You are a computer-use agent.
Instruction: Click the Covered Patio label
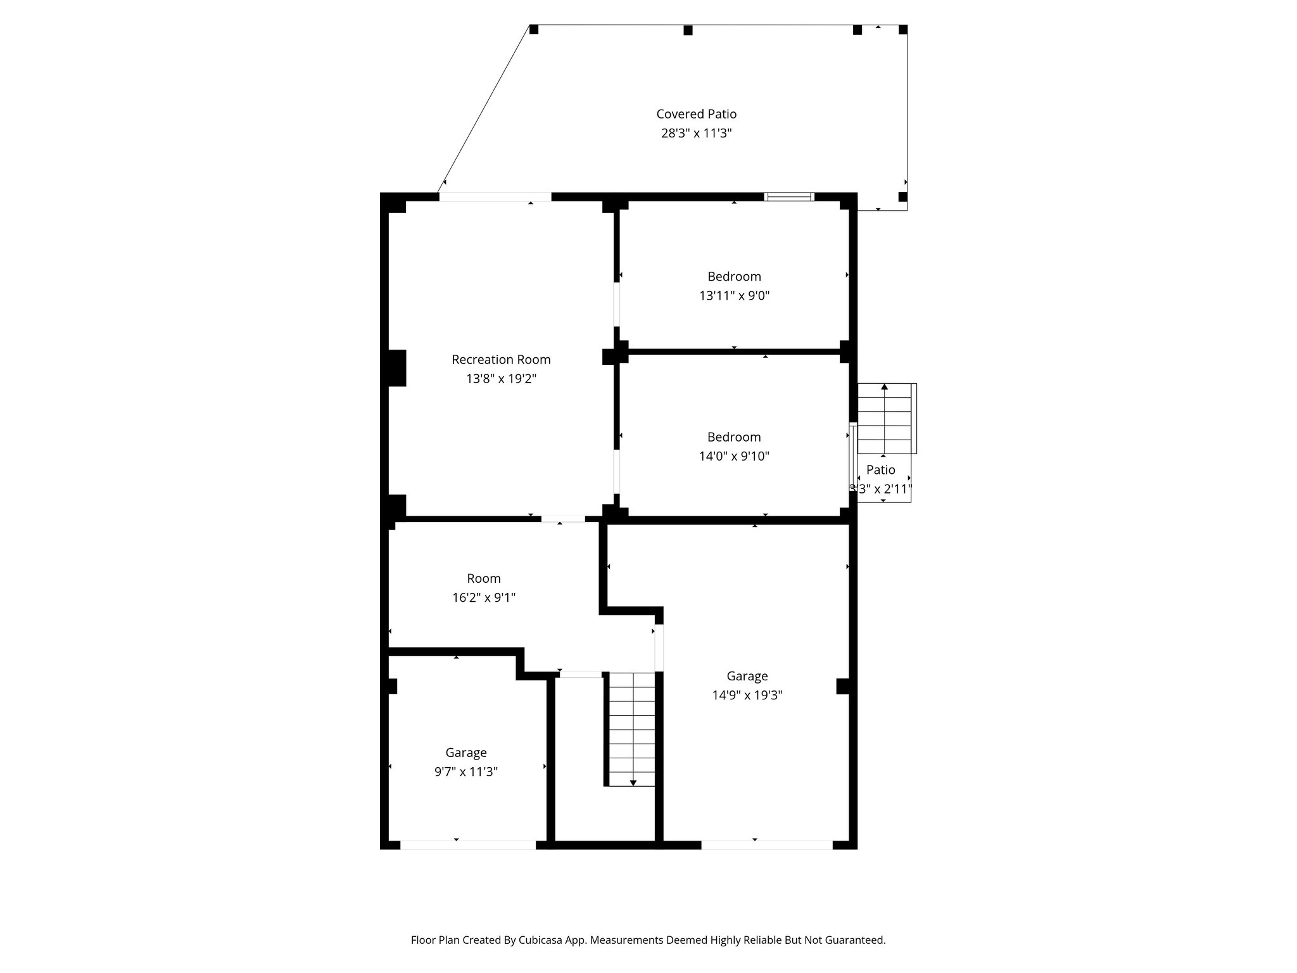(696, 114)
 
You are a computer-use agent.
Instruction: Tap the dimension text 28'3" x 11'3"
(696, 134)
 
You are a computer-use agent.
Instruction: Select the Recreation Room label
(500, 360)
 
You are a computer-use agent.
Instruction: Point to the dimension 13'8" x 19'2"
(500, 379)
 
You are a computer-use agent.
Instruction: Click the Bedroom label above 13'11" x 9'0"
(733, 276)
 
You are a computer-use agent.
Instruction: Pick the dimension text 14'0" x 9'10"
(733, 456)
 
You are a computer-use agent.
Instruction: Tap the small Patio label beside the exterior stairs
(880, 469)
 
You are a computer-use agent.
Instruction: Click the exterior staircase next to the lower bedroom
(884, 419)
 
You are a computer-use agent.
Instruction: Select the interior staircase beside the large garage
(631, 728)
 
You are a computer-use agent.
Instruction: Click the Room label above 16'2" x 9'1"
(483, 578)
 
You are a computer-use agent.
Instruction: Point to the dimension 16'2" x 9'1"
(483, 597)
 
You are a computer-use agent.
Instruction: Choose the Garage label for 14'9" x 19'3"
(747, 676)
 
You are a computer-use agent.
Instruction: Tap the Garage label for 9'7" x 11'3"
(465, 753)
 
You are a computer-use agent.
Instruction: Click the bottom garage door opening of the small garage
(468, 844)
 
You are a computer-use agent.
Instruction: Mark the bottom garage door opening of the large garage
(766, 844)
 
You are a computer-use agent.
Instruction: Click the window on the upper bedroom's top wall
(788, 197)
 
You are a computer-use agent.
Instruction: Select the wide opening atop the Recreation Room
(495, 197)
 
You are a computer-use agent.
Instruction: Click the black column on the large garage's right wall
(843, 686)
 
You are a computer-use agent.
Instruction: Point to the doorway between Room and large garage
(659, 647)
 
